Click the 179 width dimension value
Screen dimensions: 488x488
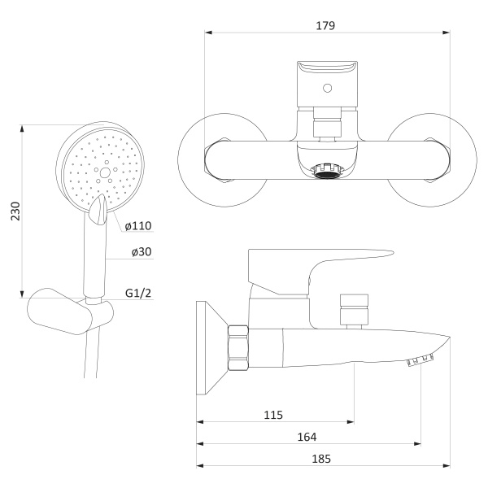[325, 25]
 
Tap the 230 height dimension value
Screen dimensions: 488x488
[15, 211]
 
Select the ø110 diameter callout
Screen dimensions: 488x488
[138, 225]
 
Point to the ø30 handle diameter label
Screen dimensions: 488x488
[142, 251]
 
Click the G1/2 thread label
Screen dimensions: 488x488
[138, 293]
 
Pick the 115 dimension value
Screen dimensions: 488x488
[273, 415]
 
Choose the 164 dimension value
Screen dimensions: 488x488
[307, 437]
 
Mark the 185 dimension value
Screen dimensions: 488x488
[321, 459]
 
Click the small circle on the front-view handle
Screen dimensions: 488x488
[327, 88]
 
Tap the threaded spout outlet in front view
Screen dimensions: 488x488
[327, 170]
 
